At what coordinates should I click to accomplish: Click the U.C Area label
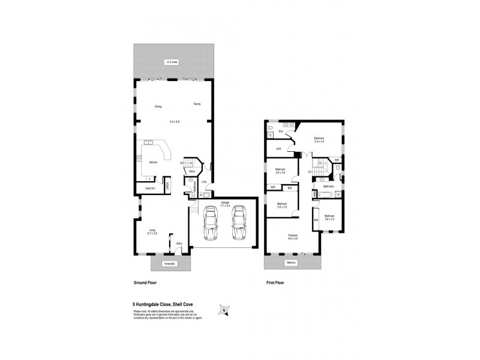click(x=172, y=62)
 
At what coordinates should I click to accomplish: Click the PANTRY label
click(x=150, y=188)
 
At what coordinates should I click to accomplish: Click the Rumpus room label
click(x=293, y=236)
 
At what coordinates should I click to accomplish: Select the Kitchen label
click(x=153, y=163)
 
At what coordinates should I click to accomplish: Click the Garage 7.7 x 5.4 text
click(x=225, y=203)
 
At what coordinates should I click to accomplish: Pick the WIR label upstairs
click(x=279, y=148)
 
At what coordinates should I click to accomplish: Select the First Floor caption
click(x=275, y=281)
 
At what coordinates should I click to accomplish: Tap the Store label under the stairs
click(x=191, y=171)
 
